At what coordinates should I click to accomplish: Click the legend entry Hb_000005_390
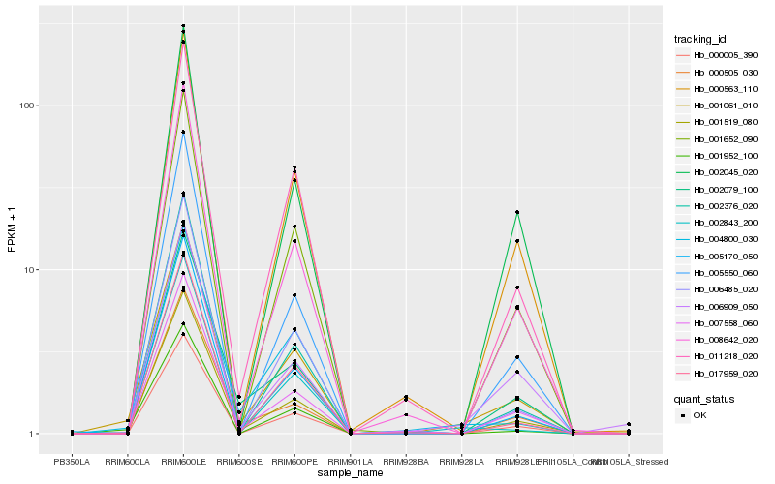(711, 55)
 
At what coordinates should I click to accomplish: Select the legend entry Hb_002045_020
(711, 172)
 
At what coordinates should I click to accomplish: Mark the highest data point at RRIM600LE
(183, 26)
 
